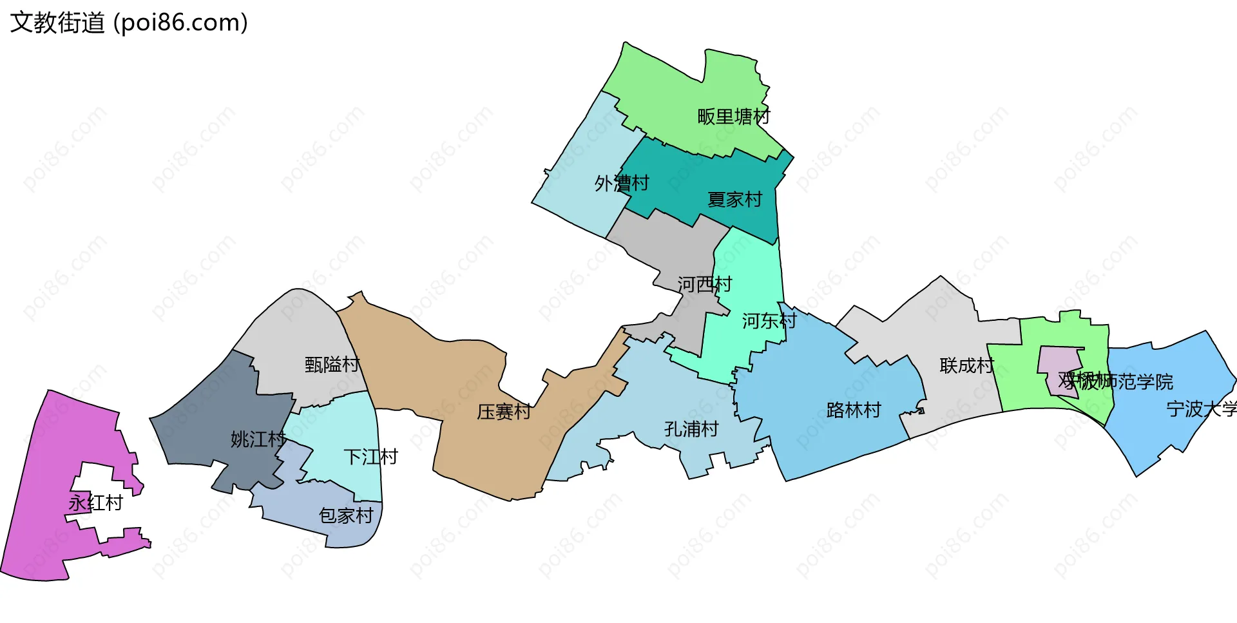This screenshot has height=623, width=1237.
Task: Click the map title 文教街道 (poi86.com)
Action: point(129,23)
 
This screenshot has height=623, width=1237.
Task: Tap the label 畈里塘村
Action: point(734,117)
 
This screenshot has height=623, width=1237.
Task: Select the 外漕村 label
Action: point(622,184)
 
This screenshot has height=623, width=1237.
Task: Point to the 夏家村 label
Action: point(734,200)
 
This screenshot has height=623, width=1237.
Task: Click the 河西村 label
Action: point(705,284)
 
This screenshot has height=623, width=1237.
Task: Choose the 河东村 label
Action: point(769,320)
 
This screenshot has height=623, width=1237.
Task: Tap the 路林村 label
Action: point(854,410)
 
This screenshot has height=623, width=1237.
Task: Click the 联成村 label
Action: point(966,366)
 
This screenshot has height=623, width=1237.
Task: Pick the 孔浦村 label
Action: point(691,429)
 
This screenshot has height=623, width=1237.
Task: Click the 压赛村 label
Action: point(504,412)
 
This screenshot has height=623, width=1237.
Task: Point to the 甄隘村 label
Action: point(332,365)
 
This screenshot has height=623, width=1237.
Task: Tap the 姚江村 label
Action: point(258,439)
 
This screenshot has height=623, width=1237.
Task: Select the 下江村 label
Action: point(370,457)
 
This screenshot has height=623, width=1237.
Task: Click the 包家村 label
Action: point(346,515)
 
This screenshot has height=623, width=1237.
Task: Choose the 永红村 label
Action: point(96,503)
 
